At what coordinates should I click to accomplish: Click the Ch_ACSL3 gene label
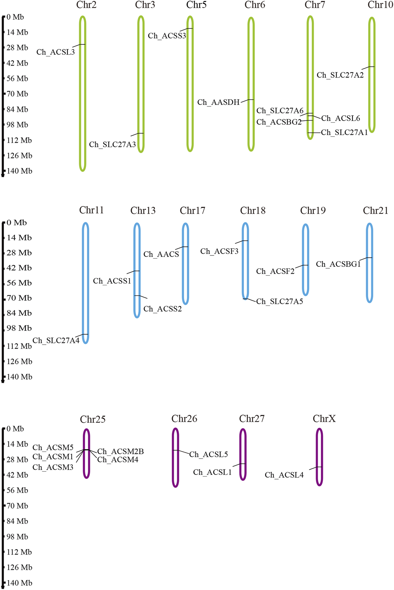click(56, 52)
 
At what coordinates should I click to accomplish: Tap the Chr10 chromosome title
click(380, 5)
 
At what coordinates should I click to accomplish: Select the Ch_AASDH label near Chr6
click(219, 102)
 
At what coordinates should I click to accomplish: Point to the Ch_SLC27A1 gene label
click(344, 133)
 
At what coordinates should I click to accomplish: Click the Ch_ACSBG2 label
click(279, 122)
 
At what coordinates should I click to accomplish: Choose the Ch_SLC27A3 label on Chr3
click(112, 145)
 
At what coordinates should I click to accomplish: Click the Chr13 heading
click(143, 211)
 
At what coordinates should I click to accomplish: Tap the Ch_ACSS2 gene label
click(163, 309)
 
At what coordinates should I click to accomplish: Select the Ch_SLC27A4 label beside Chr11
click(56, 341)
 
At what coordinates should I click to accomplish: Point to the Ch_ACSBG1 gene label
click(338, 264)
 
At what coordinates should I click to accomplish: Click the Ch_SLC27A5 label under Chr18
click(279, 302)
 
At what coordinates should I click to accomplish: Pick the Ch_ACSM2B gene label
click(121, 452)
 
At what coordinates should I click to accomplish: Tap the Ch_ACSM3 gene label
click(53, 467)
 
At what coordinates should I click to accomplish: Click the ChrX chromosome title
click(324, 419)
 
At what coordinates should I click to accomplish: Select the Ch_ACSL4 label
click(284, 475)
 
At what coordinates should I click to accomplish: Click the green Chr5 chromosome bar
click(190, 94)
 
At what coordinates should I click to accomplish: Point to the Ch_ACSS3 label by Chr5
click(167, 36)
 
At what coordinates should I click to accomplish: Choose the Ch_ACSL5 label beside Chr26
click(208, 454)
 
